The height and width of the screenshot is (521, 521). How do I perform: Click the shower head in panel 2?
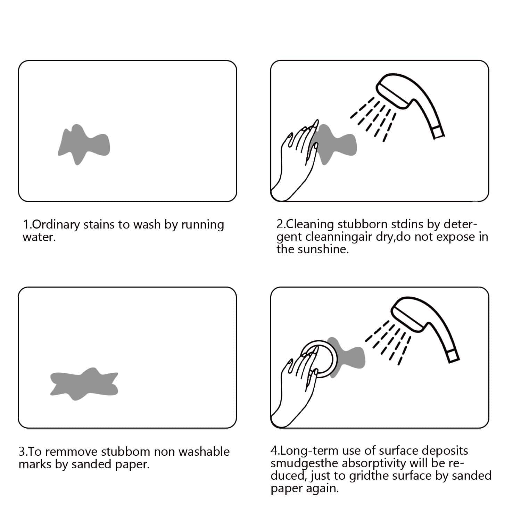click(x=410, y=102)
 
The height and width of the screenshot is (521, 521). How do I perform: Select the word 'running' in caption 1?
click(x=202, y=225)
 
